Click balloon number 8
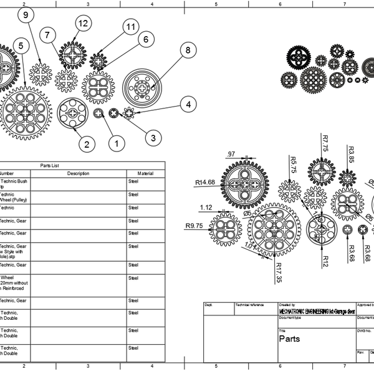[x=185, y=50]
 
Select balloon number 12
[x=82, y=23]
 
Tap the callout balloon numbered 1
[x=114, y=143]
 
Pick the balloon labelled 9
[x=24, y=16]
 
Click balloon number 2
[x=87, y=144]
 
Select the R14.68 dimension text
[x=204, y=183]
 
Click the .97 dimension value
[x=231, y=154]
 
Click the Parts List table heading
[x=49, y=165]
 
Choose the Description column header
[x=78, y=173]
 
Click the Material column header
[x=145, y=173]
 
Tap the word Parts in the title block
[x=289, y=340]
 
